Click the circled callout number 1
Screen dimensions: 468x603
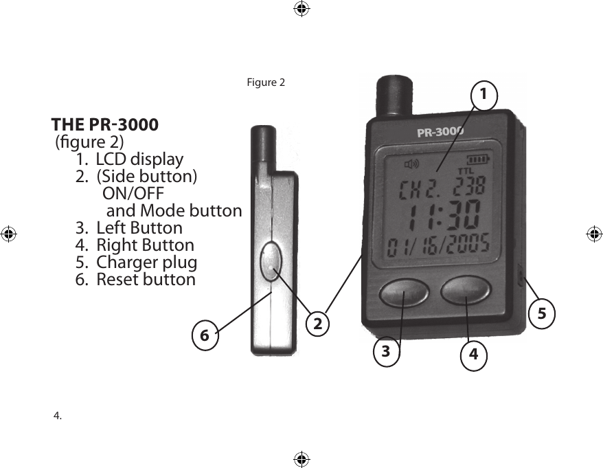point(484,92)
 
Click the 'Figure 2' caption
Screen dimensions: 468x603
point(265,83)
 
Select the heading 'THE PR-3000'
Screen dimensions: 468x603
point(105,126)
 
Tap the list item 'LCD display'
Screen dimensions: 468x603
point(139,160)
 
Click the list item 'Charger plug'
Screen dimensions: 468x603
point(146,262)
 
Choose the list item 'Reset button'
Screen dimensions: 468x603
point(146,280)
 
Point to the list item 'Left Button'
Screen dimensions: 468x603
point(139,227)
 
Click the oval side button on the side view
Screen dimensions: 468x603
point(271,260)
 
